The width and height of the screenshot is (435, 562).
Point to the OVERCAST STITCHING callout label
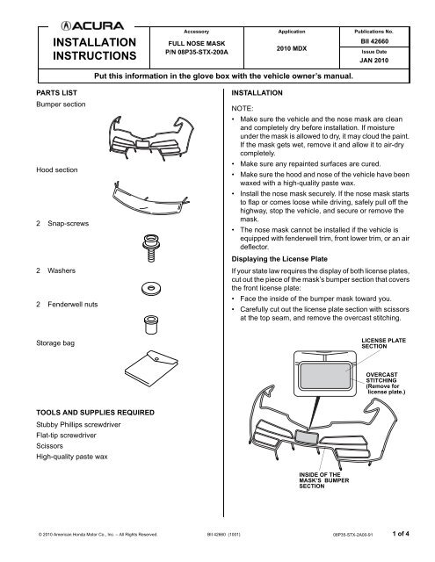click(386, 385)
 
